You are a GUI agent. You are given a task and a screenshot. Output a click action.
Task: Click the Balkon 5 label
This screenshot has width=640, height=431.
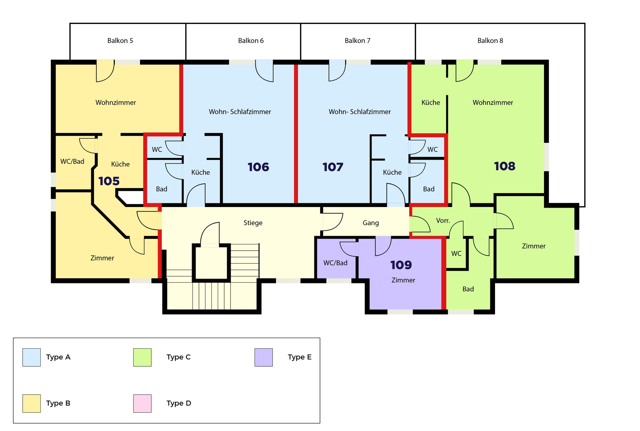120,41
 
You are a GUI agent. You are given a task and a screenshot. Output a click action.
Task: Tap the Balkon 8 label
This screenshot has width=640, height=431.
490,41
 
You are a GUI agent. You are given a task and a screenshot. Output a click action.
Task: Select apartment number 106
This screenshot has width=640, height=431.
258,167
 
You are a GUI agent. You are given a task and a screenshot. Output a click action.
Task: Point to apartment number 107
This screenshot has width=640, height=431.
333,167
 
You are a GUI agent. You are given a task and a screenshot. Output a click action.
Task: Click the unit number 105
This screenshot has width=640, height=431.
109,181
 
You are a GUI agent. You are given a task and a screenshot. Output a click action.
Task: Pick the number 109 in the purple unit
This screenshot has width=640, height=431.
401,265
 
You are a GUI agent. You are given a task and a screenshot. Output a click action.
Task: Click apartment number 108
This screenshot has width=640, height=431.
504,166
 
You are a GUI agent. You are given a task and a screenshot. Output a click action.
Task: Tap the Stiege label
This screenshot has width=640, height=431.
253,223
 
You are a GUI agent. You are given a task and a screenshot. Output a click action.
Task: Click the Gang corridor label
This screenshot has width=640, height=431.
371,223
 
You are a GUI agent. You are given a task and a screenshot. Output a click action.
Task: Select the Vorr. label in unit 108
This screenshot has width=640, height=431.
443,220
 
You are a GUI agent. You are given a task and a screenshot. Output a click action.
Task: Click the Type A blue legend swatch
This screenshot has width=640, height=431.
32,357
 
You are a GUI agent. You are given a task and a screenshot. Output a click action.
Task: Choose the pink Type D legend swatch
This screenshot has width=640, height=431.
142,403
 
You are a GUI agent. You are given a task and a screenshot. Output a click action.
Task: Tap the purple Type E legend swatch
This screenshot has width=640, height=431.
264,357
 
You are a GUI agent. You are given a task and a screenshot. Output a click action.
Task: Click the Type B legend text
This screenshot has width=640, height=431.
58,403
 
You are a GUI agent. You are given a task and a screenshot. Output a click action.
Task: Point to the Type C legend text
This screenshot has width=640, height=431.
179,357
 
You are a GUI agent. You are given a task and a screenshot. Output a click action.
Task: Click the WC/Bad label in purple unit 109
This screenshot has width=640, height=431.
335,263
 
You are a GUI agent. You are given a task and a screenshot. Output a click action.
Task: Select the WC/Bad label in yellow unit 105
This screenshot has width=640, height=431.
72,162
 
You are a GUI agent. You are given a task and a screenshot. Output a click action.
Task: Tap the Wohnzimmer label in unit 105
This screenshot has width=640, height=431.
116,103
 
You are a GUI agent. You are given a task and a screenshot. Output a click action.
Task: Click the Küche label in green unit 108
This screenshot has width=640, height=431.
431,103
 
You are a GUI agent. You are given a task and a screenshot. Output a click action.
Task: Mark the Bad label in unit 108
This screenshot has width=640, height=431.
468,289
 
